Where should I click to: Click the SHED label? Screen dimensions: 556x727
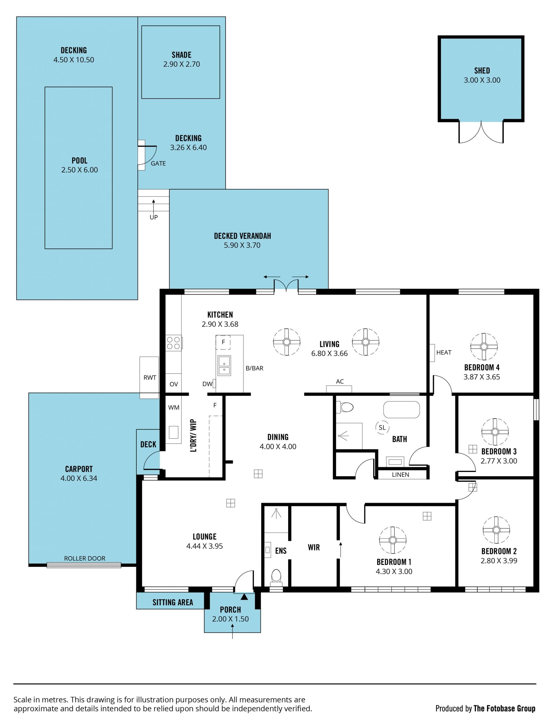click(x=482, y=70)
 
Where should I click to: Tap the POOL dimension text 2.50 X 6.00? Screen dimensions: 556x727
click(x=79, y=170)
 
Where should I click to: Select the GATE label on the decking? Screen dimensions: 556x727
click(x=158, y=163)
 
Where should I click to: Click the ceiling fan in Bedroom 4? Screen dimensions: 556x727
click(x=484, y=346)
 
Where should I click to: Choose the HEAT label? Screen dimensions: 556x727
click(x=444, y=352)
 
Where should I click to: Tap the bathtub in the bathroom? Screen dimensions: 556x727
click(x=401, y=410)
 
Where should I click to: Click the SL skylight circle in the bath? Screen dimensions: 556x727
click(x=382, y=427)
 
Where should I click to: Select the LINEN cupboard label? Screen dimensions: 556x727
click(x=400, y=475)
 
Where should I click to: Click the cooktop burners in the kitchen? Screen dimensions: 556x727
click(x=173, y=343)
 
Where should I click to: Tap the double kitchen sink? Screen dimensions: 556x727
click(x=224, y=365)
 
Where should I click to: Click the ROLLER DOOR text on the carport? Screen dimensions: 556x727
click(x=85, y=558)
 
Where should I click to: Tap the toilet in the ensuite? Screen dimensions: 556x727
click(x=276, y=577)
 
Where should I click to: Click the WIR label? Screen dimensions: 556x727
click(x=314, y=547)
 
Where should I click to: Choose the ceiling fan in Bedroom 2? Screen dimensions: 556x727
click(x=496, y=530)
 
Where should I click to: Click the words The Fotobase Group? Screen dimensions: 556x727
click(x=504, y=708)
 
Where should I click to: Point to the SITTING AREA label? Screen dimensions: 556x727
click(x=173, y=602)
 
